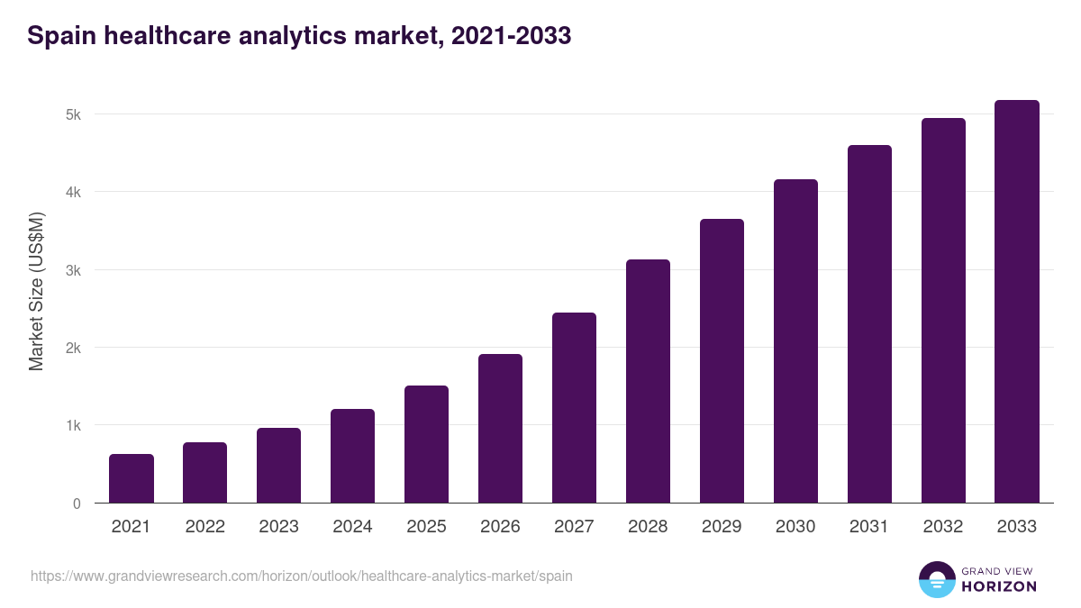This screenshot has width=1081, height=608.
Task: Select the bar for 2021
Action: coord(132,478)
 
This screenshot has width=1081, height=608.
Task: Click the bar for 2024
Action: coord(352,456)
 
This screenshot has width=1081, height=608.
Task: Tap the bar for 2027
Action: coord(574,407)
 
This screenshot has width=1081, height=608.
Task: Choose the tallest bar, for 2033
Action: coord(1017,301)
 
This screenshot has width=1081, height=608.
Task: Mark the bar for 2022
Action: coord(205,473)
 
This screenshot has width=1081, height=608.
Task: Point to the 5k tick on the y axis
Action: coord(72,114)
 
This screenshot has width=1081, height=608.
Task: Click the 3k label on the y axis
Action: coord(72,270)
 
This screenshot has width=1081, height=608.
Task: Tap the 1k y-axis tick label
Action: coord(72,425)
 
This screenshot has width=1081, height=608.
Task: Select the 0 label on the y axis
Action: coord(77,504)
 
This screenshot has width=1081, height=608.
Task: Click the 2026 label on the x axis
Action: coord(500,527)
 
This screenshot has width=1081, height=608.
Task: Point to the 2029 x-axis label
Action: coord(722,527)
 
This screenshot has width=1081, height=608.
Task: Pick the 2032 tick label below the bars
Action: coord(943,527)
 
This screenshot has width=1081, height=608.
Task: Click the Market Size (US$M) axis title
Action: coord(36,291)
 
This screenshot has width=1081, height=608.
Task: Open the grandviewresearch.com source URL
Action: coord(301,576)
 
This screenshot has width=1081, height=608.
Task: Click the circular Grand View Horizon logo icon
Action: coord(936,579)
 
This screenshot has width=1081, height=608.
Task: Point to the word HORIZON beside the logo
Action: coord(1000,586)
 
